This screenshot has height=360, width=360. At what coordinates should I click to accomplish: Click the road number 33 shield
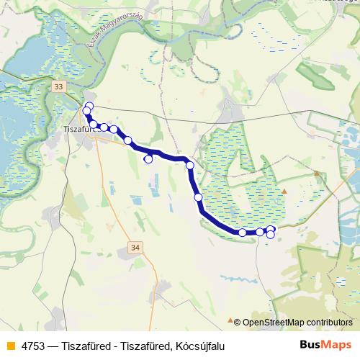58,86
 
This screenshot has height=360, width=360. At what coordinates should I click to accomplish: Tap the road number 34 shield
135,247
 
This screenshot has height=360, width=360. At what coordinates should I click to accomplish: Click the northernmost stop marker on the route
89,107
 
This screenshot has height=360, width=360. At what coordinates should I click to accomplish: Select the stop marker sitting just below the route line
149,159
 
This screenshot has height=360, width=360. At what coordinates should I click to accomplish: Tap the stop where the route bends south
190,166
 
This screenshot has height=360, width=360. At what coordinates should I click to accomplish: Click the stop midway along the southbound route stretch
198,197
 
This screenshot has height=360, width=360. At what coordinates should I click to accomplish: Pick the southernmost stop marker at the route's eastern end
270,235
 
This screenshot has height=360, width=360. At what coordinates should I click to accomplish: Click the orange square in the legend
9,346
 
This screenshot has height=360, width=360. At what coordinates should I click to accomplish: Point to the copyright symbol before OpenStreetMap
237,323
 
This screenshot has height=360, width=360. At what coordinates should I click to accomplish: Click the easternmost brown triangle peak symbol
316,173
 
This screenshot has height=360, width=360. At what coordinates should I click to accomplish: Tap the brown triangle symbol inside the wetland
284,191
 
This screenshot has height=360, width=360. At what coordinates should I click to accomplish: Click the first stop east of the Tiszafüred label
94,125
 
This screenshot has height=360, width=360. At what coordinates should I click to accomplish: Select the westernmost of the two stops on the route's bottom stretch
243,233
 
